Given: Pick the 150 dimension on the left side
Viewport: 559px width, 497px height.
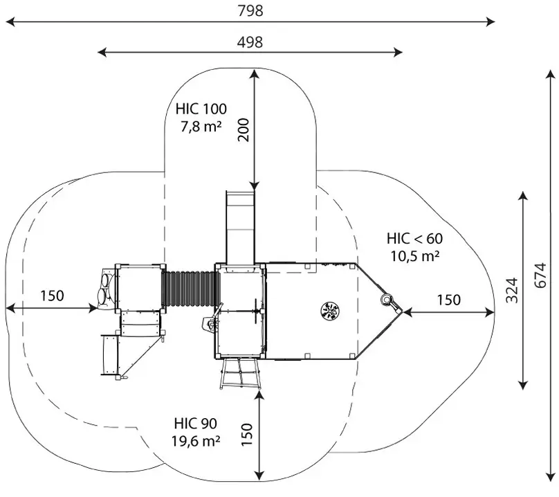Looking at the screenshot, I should coord(51,296).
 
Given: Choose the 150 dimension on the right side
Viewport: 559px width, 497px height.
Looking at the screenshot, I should coord(449,300).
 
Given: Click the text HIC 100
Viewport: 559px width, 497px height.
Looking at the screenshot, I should coord(201,109).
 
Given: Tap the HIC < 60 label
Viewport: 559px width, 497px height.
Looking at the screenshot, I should coord(414,239).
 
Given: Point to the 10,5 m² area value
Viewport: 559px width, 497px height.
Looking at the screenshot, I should coord(414,255).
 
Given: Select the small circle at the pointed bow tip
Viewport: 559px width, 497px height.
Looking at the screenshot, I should coord(387,300).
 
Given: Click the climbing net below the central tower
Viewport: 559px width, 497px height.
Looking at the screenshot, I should coord(239,374).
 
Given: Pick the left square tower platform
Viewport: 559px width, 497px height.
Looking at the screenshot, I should coord(141,287).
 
